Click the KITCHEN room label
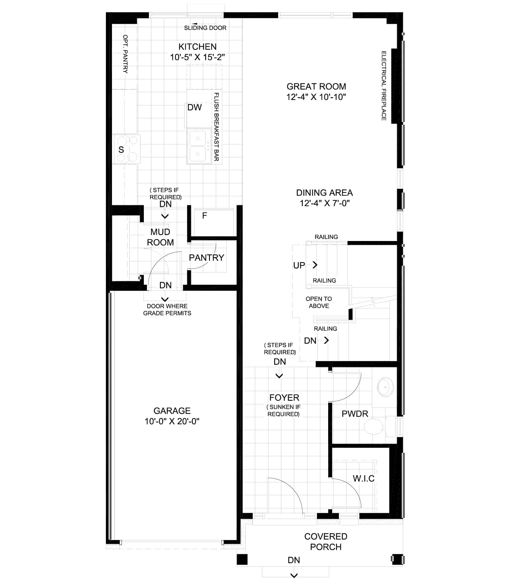pyautogui.click(x=197, y=47)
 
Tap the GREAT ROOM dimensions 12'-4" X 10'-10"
pyautogui.click(x=316, y=97)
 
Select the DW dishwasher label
pyautogui.click(x=195, y=107)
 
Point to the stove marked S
pyautogui.click(x=126, y=149)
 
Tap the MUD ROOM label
pyautogui.click(x=160, y=237)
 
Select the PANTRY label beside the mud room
pyautogui.click(x=207, y=258)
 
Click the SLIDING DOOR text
pyautogui.click(x=205, y=28)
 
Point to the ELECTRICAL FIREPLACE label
pyautogui.click(x=384, y=86)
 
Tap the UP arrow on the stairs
pyautogui.click(x=315, y=265)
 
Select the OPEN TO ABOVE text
pyautogui.click(x=319, y=302)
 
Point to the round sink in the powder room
pyautogui.click(x=385, y=387)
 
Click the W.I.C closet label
pyautogui.click(x=364, y=479)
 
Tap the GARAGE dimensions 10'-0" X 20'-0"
pyautogui.click(x=172, y=421)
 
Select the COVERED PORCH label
pyautogui.click(x=326, y=542)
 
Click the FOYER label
pyautogui.click(x=284, y=398)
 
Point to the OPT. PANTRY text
pyautogui.click(x=125, y=54)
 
